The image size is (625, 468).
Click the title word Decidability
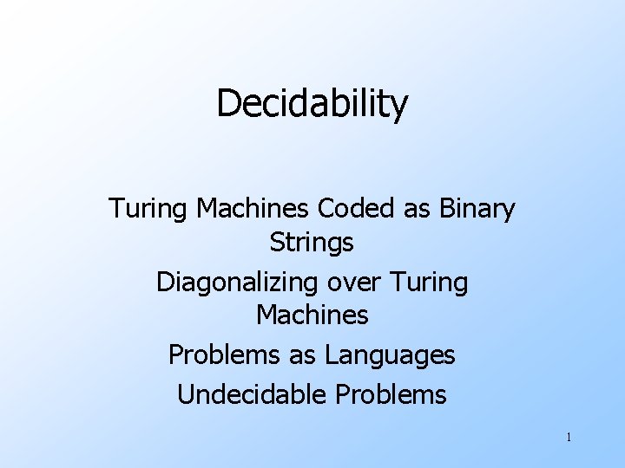312,104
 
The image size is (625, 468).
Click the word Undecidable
252,395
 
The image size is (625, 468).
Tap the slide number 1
568,438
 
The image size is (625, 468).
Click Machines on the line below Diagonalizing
312,315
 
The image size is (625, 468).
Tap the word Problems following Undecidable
388,395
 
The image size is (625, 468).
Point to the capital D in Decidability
227,104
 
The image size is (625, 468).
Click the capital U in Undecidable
185,395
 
